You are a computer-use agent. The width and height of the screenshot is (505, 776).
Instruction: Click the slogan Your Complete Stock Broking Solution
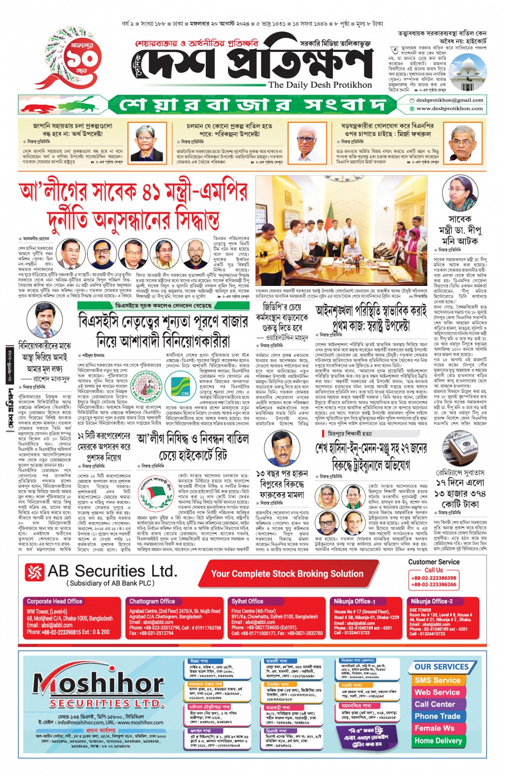click(287, 573)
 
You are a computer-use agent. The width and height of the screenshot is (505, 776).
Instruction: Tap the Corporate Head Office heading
click(55, 601)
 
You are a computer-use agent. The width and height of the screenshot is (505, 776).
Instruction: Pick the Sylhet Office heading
click(247, 601)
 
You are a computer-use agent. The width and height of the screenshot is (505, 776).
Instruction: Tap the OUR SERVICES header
click(441, 666)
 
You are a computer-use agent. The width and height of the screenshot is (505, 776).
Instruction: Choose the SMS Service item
click(437, 680)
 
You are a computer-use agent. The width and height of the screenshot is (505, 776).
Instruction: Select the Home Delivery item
click(438, 741)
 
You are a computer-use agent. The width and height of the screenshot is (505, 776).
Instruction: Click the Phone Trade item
click(437, 716)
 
